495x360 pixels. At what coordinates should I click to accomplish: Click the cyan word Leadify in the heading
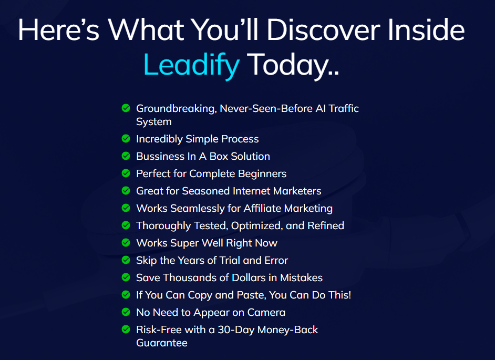click(191, 65)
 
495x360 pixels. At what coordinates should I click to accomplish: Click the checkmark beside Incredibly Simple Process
click(126, 139)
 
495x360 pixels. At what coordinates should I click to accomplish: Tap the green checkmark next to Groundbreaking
click(126, 108)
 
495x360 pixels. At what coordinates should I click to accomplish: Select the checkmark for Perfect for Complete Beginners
click(126, 173)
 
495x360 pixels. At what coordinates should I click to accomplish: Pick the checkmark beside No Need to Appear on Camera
click(126, 312)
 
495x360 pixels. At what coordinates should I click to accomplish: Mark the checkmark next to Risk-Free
click(126, 330)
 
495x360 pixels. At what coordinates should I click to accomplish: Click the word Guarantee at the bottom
click(162, 343)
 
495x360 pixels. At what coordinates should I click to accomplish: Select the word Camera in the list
click(266, 312)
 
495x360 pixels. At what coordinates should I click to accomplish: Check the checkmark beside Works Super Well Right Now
click(126, 243)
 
